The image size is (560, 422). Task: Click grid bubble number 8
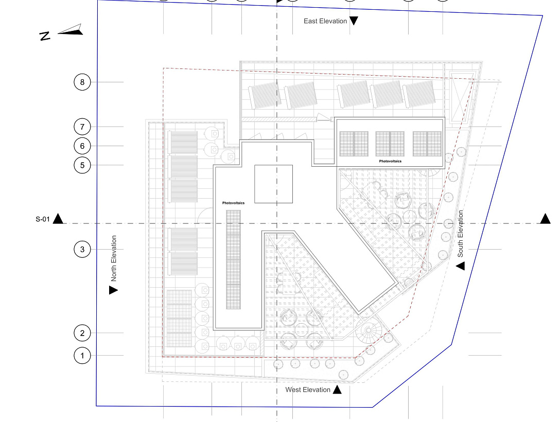pyautogui.click(x=82, y=82)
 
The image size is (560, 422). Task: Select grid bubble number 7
pyautogui.click(x=82, y=127)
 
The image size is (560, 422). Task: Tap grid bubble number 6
pyautogui.click(x=82, y=146)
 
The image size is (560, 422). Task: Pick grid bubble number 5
pyautogui.click(x=82, y=165)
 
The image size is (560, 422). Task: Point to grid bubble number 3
pyautogui.click(x=82, y=250)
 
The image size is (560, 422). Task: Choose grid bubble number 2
pyautogui.click(x=82, y=333)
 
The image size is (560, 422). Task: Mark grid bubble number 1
pyautogui.click(x=82, y=355)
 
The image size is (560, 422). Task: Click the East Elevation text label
pyautogui.click(x=325, y=21)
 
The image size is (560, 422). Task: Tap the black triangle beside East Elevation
pyautogui.click(x=354, y=21)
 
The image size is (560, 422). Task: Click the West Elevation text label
pyautogui.click(x=308, y=390)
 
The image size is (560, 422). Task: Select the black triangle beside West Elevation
pyautogui.click(x=337, y=390)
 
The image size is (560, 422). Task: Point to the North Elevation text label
pyautogui.click(x=114, y=258)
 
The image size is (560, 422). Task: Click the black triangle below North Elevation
pyautogui.click(x=113, y=290)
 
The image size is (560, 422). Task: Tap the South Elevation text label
pyautogui.click(x=461, y=234)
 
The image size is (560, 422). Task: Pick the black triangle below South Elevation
pyautogui.click(x=460, y=266)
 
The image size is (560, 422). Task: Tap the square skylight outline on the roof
pyautogui.click(x=273, y=184)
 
